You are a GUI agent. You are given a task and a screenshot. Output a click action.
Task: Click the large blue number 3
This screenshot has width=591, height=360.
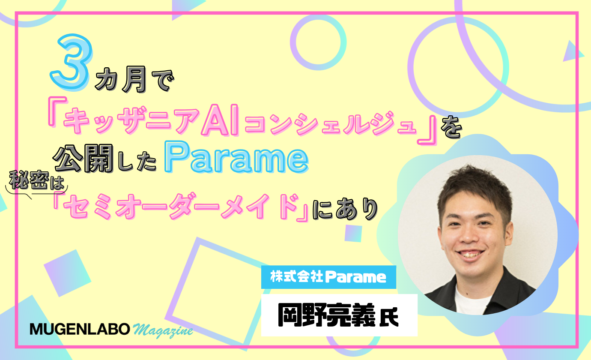coord(71,62)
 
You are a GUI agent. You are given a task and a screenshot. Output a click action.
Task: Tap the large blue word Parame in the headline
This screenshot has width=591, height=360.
coord(236,157)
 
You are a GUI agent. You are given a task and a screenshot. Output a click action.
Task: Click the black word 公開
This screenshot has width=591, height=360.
coord(84,158)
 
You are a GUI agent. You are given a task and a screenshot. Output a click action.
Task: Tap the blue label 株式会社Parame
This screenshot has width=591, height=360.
coord(328,277)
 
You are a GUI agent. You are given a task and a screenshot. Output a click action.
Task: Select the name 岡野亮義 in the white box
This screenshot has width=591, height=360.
coord(327,315)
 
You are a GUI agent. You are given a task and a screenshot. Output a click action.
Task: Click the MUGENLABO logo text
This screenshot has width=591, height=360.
coord(80,329)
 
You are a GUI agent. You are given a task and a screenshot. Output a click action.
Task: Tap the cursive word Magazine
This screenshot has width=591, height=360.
coord(163,330)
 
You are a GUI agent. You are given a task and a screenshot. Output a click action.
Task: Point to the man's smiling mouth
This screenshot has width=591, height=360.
coord(470,255)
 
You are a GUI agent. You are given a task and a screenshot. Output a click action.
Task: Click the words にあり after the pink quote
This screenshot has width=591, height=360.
coord(346,209)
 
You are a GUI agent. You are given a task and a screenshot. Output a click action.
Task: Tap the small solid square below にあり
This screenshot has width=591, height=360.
coord(353,233)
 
